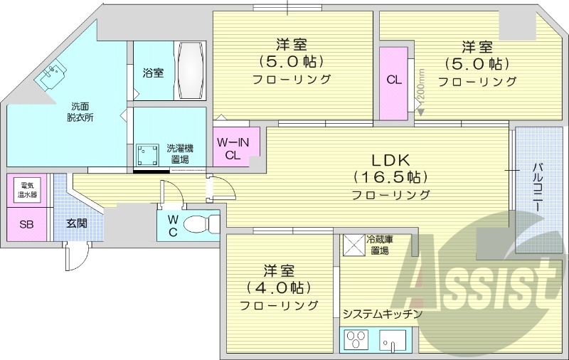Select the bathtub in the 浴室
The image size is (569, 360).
point(191,72)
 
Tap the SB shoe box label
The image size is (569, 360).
point(26,225)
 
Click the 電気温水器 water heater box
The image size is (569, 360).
point(28,190)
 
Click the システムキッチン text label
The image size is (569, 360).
point(382,314)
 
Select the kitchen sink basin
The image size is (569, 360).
point(394,344)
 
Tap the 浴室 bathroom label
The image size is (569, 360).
point(152,73)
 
